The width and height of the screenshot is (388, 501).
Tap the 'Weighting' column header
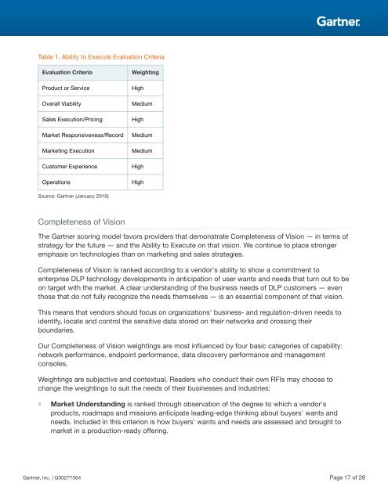pos(146,72)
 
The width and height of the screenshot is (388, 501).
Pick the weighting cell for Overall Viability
pos(142,103)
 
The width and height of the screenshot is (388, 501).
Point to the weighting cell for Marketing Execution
pos(142,150)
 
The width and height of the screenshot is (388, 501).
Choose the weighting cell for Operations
pos(137,182)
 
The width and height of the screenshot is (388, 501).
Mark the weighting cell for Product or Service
pos(137,88)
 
